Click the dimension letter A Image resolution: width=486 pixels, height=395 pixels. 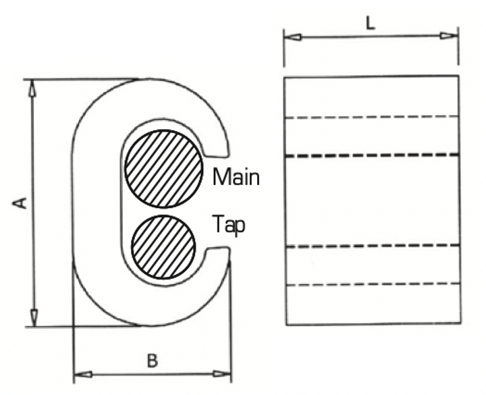pyautogui.click(x=21, y=202)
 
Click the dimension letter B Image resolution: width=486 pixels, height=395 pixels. pyautogui.click(x=153, y=361)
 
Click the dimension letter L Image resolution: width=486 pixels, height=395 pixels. pyautogui.click(x=370, y=22)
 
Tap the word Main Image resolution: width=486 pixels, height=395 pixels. pyautogui.click(x=236, y=178)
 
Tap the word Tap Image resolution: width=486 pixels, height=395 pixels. pyautogui.click(x=228, y=224)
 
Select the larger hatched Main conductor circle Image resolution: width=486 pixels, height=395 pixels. pyautogui.click(x=163, y=168)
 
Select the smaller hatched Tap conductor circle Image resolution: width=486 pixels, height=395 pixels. pyautogui.click(x=164, y=246)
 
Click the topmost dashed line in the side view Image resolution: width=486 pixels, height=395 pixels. pyautogui.click(x=371, y=117)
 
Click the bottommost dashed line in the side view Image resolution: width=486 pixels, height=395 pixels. pyautogui.click(x=371, y=285)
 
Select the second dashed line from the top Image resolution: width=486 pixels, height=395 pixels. pyautogui.click(x=371, y=156)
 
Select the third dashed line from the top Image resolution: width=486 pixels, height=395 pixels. pyautogui.click(x=371, y=245)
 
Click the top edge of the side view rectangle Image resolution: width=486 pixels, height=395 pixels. pyautogui.click(x=371, y=77)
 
